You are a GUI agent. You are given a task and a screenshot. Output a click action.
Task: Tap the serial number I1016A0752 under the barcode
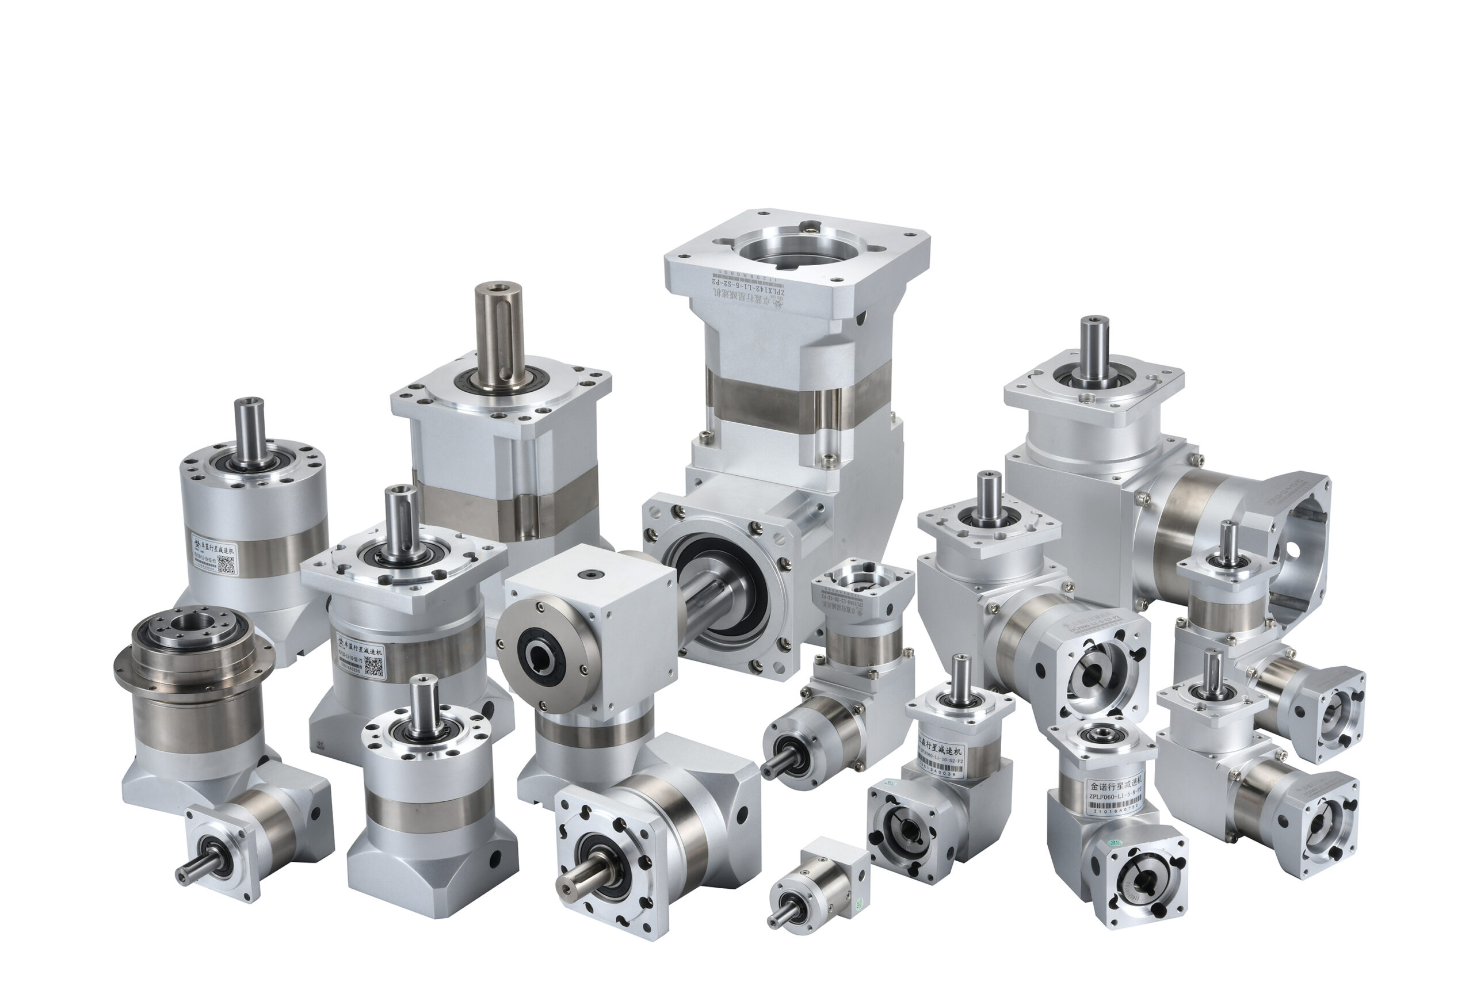1116,811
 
